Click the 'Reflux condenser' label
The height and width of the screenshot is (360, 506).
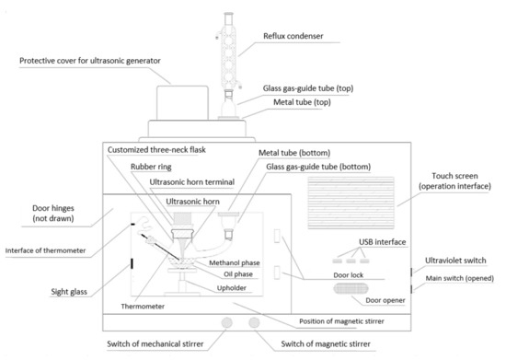[x=293, y=36]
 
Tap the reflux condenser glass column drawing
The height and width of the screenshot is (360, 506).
[x=228, y=52]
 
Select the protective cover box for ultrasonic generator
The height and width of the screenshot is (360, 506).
[x=182, y=103]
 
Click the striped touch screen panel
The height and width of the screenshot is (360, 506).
[x=351, y=203]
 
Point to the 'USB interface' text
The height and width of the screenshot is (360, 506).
[x=383, y=242]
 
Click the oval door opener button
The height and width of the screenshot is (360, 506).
[x=351, y=288]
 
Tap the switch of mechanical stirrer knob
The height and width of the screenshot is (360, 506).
[x=227, y=322]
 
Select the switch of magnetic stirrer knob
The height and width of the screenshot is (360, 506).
[x=254, y=322]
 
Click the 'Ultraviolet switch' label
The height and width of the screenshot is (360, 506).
[x=455, y=261]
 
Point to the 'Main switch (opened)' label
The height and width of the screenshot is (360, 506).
[x=459, y=278]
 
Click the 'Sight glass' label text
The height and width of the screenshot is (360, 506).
[x=69, y=292]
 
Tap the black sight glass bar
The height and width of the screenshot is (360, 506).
[x=132, y=263]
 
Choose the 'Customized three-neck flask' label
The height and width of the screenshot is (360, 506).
[x=156, y=150]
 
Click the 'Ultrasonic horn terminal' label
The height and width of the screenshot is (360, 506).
[x=191, y=182]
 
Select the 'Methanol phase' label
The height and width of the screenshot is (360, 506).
[x=235, y=262]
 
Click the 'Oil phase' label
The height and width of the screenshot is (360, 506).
[x=238, y=274]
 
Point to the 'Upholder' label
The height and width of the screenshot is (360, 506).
[x=231, y=288]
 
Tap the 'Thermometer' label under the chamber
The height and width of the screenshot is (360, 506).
[x=143, y=307]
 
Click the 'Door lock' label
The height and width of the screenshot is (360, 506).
[x=348, y=275]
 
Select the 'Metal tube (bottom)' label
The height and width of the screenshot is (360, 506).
[x=294, y=153]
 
